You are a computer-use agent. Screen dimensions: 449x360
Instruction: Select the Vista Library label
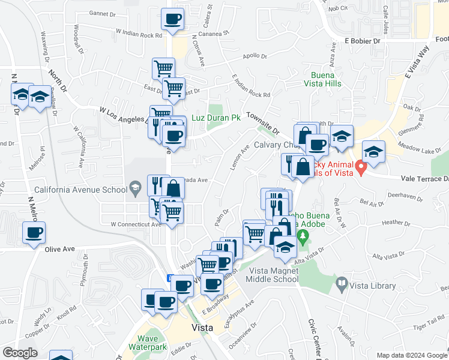click(x=370, y=282)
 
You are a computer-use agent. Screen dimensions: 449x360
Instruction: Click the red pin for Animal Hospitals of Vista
click(x=361, y=167)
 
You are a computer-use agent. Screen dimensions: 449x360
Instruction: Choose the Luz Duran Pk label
click(x=216, y=118)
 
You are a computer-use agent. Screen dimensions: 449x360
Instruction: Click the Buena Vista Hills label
click(x=326, y=80)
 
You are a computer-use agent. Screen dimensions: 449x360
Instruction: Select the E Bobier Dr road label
click(x=363, y=41)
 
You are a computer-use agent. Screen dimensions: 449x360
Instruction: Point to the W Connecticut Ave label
click(x=136, y=224)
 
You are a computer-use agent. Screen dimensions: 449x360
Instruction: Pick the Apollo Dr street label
click(x=255, y=56)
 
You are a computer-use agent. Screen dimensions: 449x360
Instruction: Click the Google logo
click(x=20, y=353)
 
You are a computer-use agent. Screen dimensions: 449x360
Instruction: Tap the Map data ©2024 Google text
click(x=411, y=355)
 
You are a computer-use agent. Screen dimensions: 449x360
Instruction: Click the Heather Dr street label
click(x=395, y=223)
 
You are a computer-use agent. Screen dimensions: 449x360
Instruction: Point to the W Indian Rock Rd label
click(x=139, y=34)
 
